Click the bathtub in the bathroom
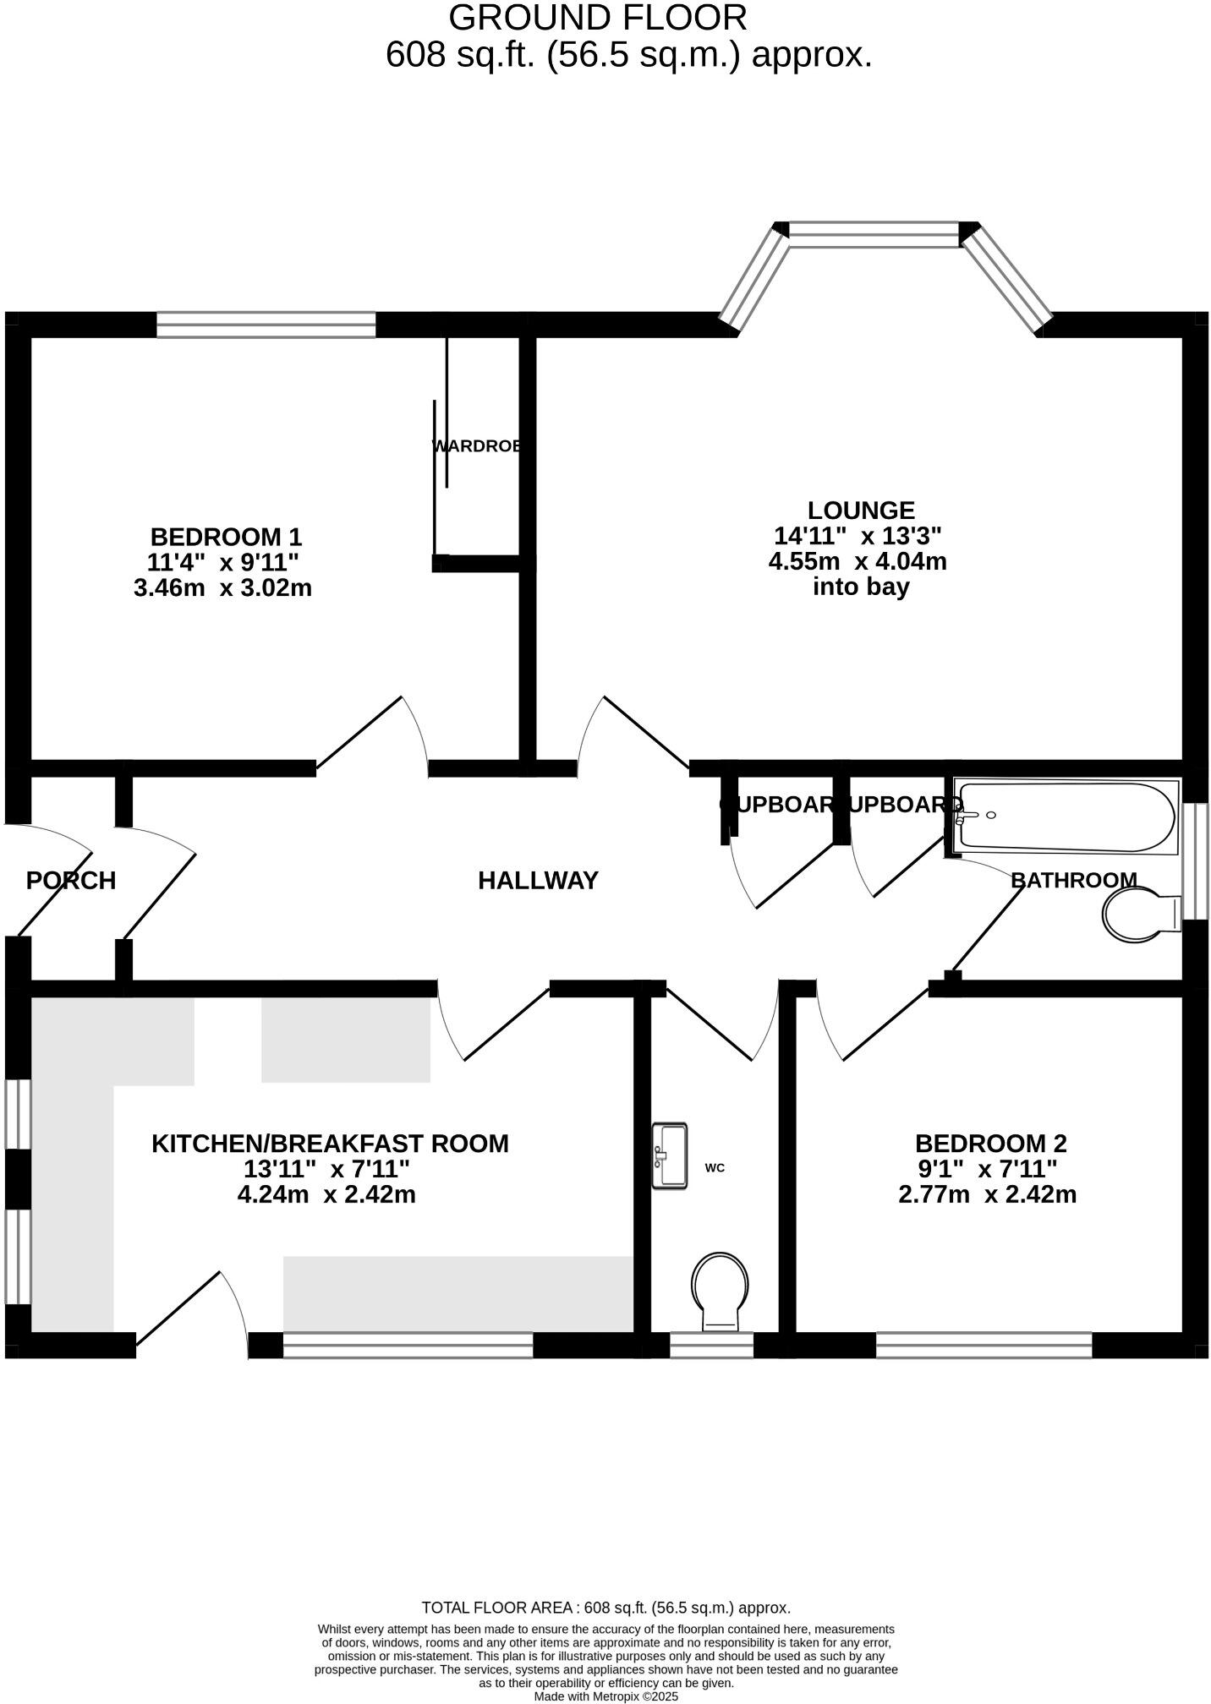pyautogui.click(x=1067, y=816)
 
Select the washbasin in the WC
pyautogui.click(x=669, y=1155)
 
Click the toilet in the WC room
pyautogui.click(x=720, y=1289)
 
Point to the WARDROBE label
pyautogui.click(x=476, y=446)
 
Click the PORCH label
pyautogui.click(x=71, y=881)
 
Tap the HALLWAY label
pyautogui.click(x=538, y=881)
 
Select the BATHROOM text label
pyautogui.click(x=1073, y=880)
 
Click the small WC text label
pyautogui.click(x=715, y=1168)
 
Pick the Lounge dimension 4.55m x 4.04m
pyautogui.click(x=858, y=561)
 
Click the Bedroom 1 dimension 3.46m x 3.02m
pyautogui.click(x=222, y=588)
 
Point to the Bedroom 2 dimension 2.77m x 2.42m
pyautogui.click(x=987, y=1195)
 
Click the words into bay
pyautogui.click(x=860, y=587)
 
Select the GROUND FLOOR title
pyautogui.click(x=597, y=18)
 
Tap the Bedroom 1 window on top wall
pyautogui.click(x=266, y=325)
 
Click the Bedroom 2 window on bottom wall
pyautogui.click(x=984, y=1345)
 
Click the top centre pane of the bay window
pyautogui.click(x=874, y=234)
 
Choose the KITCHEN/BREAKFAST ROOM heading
pyautogui.click(x=330, y=1144)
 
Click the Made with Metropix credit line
pyautogui.click(x=605, y=1696)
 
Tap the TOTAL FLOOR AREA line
pyautogui.click(x=605, y=1608)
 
